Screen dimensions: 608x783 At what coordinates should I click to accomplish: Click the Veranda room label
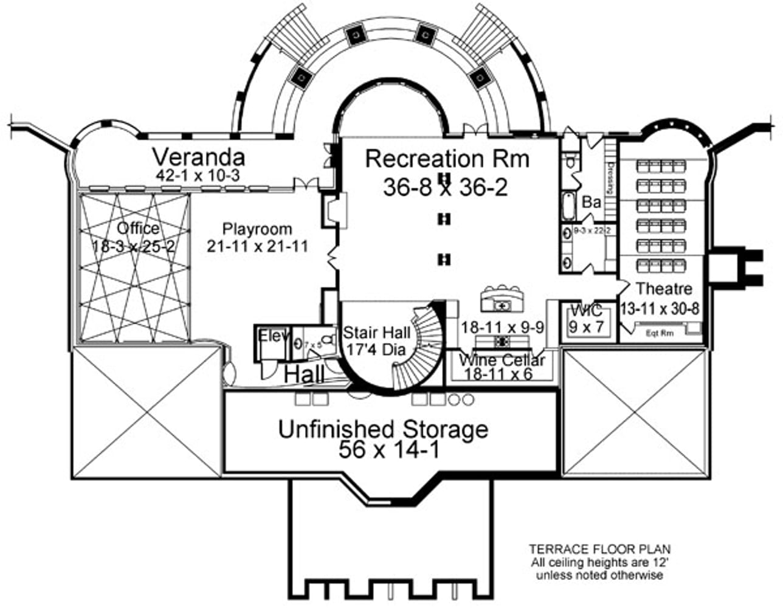click(198, 157)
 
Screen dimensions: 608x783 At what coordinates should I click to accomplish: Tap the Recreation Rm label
click(447, 159)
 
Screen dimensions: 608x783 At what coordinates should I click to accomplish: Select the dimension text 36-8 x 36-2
click(445, 188)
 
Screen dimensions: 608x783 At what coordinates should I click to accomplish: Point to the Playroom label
click(257, 230)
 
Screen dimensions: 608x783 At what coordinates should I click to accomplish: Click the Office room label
click(138, 229)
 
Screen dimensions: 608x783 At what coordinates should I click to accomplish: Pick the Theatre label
click(664, 289)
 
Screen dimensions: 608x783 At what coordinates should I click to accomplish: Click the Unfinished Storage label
click(383, 429)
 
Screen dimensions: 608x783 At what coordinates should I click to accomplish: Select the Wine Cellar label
click(502, 361)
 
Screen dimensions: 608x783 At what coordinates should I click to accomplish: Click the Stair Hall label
click(376, 333)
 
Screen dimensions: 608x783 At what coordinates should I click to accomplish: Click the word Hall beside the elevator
click(304, 375)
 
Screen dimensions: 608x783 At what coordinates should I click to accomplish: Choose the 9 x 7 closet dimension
click(586, 326)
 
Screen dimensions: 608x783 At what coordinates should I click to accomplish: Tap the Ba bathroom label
click(591, 202)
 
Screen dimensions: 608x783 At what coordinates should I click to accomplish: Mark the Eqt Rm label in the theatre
click(660, 333)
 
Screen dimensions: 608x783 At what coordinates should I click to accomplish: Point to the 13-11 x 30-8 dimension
click(660, 308)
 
